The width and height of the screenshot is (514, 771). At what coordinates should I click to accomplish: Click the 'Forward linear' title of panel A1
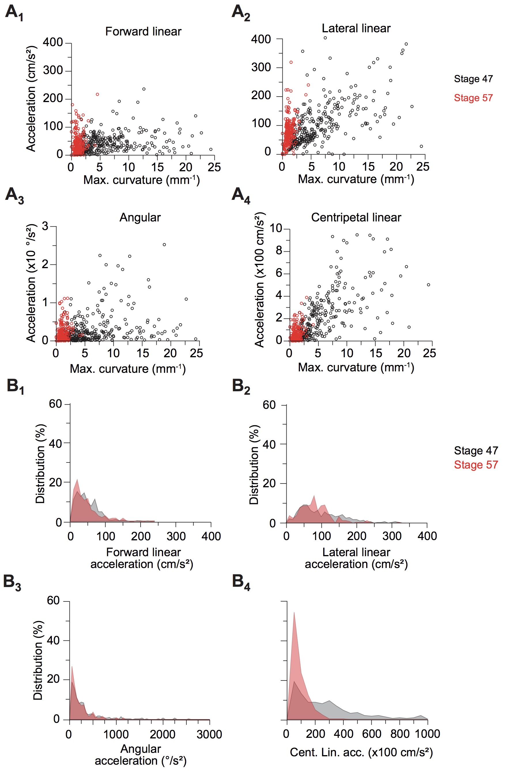click(x=143, y=31)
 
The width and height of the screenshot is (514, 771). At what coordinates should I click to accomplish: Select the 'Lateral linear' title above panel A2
click(x=356, y=29)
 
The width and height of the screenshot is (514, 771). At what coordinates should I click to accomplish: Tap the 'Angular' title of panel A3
click(x=140, y=217)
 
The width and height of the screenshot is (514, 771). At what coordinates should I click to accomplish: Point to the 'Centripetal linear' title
click(x=356, y=217)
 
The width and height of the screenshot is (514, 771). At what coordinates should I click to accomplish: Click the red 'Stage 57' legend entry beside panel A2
click(x=473, y=98)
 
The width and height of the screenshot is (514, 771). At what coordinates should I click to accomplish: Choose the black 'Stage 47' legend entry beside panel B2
click(x=476, y=450)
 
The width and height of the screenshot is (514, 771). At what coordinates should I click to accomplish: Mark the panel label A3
click(x=14, y=195)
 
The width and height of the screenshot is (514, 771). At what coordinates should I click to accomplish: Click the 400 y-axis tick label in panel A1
click(x=53, y=42)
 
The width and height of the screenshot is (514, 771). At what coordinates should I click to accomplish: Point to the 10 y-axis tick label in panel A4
click(x=276, y=228)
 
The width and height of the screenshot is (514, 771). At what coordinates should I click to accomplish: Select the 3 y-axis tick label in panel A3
click(x=45, y=226)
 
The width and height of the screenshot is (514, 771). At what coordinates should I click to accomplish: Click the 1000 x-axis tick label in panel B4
click(x=427, y=734)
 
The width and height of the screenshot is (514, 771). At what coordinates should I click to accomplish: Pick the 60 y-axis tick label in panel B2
click(x=269, y=405)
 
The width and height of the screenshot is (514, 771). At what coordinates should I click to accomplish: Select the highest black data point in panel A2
click(x=325, y=38)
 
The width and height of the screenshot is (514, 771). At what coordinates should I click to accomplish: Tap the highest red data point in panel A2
click(x=291, y=62)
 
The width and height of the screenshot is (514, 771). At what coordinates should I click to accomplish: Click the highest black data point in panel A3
click(x=164, y=245)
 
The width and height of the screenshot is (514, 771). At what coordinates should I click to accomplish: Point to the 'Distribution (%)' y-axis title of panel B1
click(x=40, y=464)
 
